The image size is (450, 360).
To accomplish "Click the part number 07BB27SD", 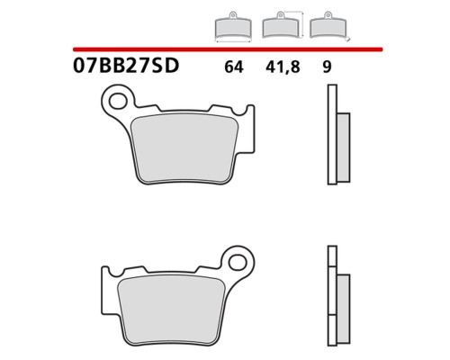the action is click(126, 66).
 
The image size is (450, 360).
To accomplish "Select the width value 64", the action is click(234, 67).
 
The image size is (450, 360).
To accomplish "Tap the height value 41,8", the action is click(283, 67).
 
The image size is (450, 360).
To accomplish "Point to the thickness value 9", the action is click(327, 67).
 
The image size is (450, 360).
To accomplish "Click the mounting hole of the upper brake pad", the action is click(117, 101).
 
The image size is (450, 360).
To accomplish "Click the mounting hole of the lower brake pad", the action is click(237, 262).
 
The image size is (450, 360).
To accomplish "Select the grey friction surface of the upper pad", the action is click(184, 148).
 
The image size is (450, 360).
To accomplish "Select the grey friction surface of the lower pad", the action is click(171, 310).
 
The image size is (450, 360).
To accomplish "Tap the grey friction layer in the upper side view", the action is click(344, 148).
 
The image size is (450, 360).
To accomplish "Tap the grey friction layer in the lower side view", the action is click(344, 309).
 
